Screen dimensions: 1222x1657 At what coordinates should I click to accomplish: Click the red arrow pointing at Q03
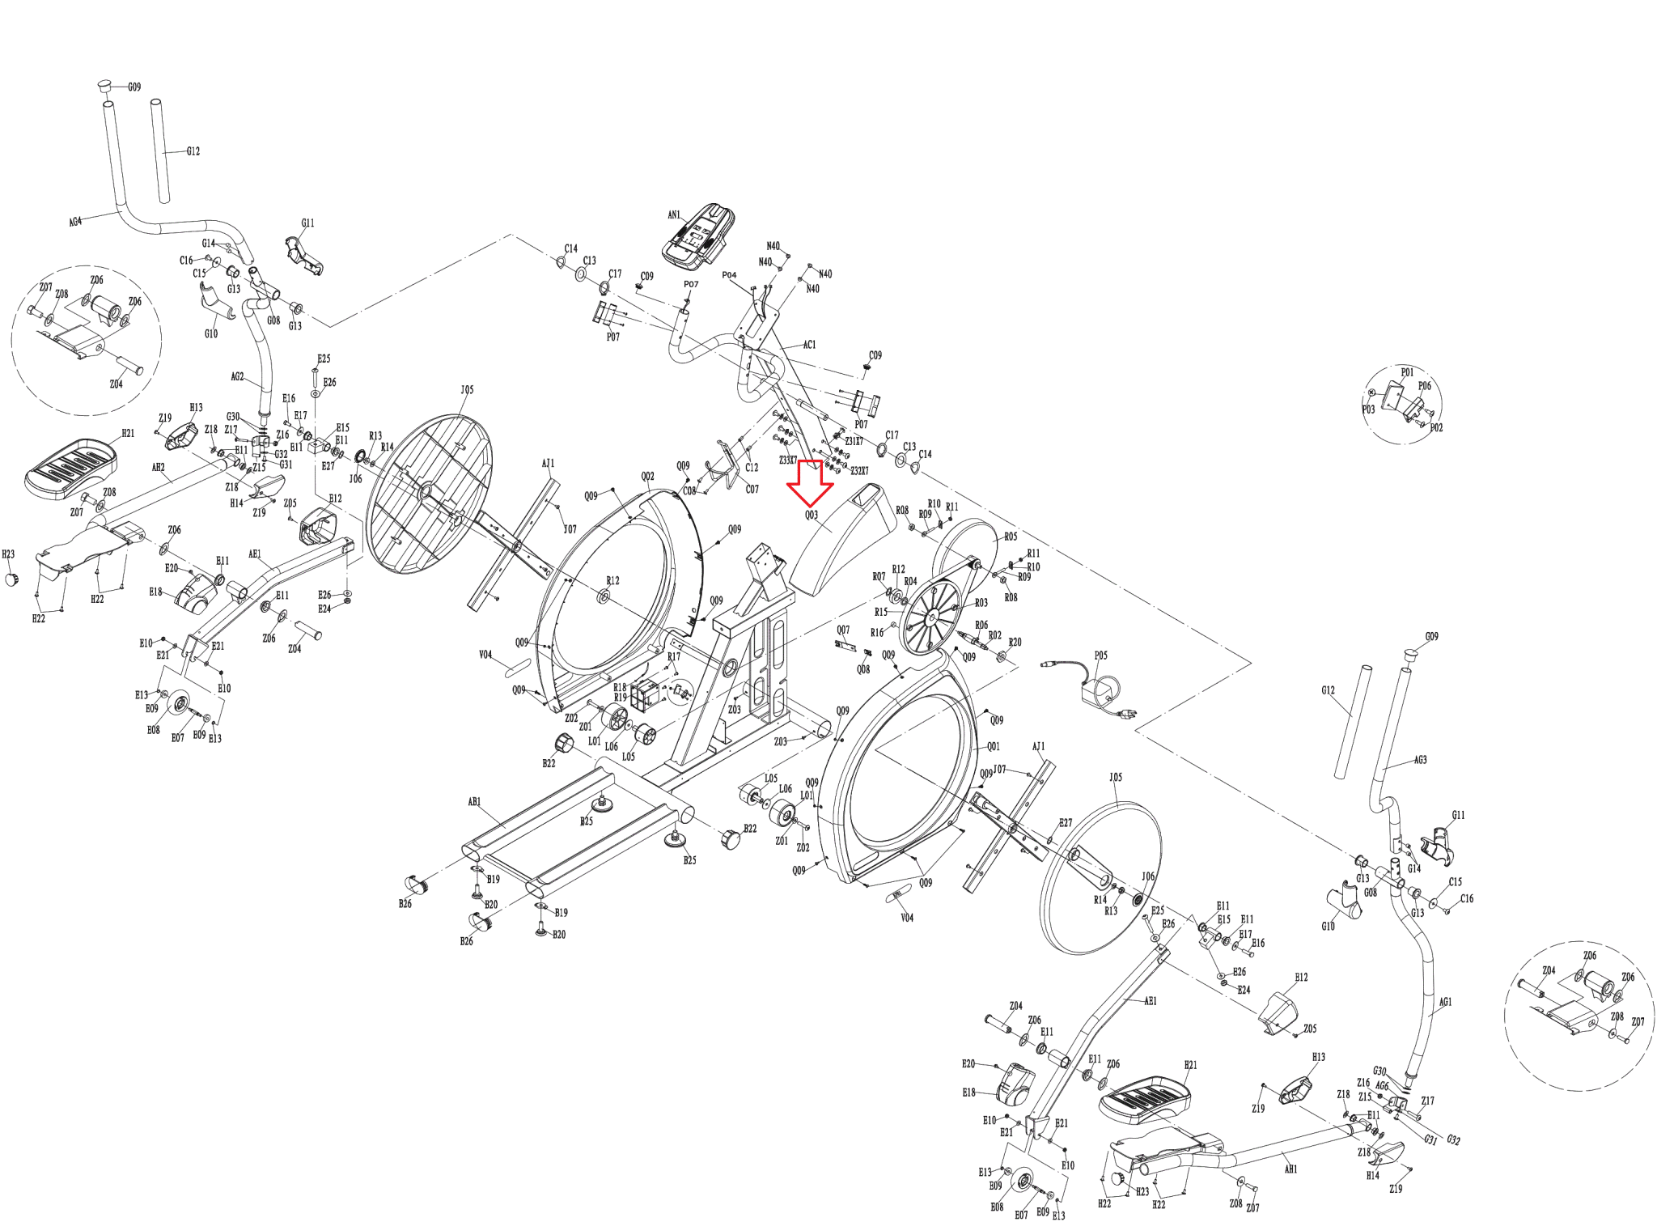coord(810,482)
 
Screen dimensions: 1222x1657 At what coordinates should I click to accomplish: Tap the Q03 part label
coord(811,515)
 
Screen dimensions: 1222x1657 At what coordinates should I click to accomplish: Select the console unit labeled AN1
coord(698,236)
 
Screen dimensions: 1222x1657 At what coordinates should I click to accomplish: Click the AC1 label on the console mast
coord(809,345)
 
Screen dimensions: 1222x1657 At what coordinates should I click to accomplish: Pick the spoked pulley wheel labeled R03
coord(930,618)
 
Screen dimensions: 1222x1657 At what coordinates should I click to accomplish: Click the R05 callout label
coord(1011,537)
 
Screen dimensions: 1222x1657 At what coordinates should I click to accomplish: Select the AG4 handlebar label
coord(75,221)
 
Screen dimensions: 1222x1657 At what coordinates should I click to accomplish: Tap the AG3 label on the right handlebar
coord(1420,760)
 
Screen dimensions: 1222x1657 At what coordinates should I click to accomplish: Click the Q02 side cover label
coord(647,477)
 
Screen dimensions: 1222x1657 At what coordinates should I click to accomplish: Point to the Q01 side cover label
coord(993,746)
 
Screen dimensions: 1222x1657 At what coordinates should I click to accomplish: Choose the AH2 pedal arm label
coord(159,468)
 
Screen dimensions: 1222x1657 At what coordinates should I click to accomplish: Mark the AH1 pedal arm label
coord(1290,1169)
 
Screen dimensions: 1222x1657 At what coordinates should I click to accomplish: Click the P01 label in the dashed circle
coord(1407,372)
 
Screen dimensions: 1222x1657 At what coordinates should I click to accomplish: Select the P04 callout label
coord(729,275)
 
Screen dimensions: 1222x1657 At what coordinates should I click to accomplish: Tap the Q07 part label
coord(843,630)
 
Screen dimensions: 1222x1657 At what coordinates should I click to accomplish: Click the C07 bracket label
coord(752,489)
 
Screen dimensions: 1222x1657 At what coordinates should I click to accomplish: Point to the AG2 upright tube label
coord(237,376)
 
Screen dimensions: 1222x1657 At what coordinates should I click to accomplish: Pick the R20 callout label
coord(1015,642)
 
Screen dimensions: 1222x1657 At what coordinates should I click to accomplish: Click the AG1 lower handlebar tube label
coord(1445,1002)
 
